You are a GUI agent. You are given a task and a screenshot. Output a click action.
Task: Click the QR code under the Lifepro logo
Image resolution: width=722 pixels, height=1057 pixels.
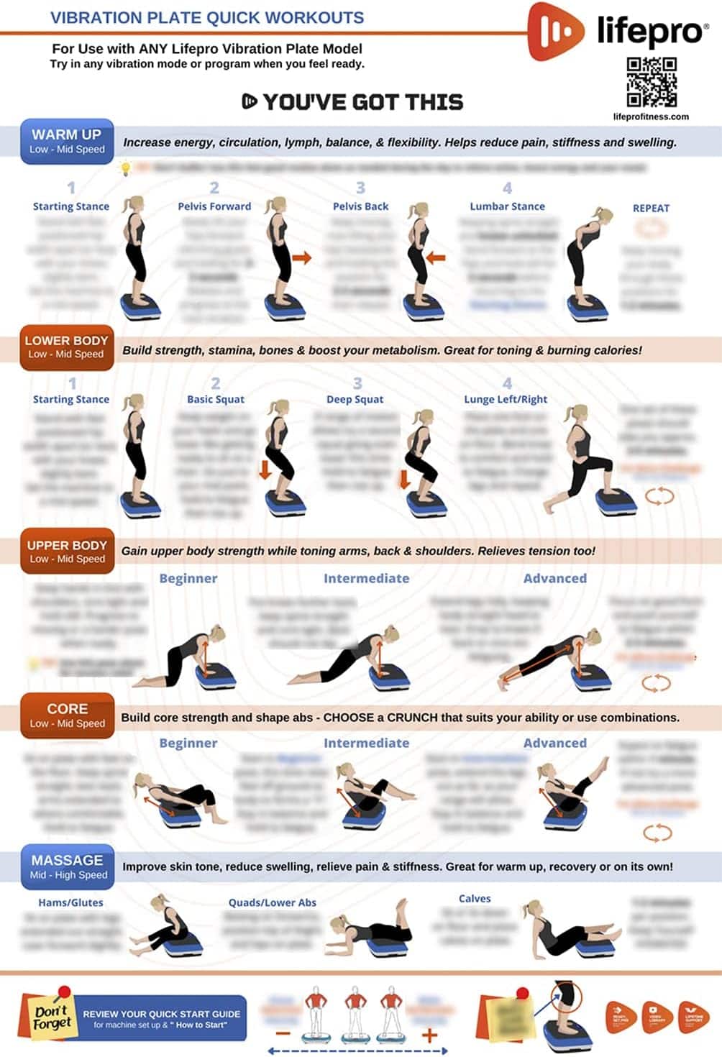[652, 82]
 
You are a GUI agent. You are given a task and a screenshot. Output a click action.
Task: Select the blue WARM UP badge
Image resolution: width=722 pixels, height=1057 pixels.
[67, 141]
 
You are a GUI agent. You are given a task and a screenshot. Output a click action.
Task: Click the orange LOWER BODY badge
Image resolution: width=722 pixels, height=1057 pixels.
[67, 347]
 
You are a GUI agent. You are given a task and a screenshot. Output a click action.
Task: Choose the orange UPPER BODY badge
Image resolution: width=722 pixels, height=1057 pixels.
[67, 552]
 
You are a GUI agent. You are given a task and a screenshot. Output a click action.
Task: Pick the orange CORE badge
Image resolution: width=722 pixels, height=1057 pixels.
[67, 715]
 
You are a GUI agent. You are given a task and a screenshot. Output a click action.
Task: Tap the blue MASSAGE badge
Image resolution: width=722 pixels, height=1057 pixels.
[68, 866]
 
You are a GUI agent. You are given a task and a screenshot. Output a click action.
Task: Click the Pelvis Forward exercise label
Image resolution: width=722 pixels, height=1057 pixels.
[214, 206]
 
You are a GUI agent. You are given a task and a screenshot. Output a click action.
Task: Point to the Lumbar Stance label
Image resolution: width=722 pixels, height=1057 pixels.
[507, 206]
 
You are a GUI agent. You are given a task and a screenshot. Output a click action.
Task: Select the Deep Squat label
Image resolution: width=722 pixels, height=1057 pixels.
[355, 399]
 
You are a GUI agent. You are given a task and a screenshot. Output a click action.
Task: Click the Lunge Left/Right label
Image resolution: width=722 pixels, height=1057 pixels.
[506, 399]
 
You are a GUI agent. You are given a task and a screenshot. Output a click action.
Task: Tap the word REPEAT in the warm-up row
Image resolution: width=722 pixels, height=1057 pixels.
[651, 209]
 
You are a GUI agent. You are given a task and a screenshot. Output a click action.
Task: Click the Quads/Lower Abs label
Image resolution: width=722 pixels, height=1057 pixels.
[272, 902]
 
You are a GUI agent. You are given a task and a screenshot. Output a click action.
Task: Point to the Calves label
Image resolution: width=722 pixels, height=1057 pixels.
[475, 899]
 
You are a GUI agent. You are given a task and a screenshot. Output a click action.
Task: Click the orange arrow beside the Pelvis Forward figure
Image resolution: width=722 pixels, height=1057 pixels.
[302, 257]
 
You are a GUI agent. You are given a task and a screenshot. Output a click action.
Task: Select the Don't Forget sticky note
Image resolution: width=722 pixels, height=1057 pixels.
[52, 1016]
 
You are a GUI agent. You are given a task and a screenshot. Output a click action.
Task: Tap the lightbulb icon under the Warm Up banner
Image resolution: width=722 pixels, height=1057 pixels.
[126, 169]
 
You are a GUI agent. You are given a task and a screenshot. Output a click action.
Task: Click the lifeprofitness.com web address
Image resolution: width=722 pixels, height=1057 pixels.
[651, 116]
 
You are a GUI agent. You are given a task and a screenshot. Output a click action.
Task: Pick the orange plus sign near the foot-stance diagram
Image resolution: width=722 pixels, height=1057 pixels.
[429, 1035]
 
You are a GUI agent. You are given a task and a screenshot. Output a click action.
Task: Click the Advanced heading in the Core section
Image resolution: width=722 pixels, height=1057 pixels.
[554, 743]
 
